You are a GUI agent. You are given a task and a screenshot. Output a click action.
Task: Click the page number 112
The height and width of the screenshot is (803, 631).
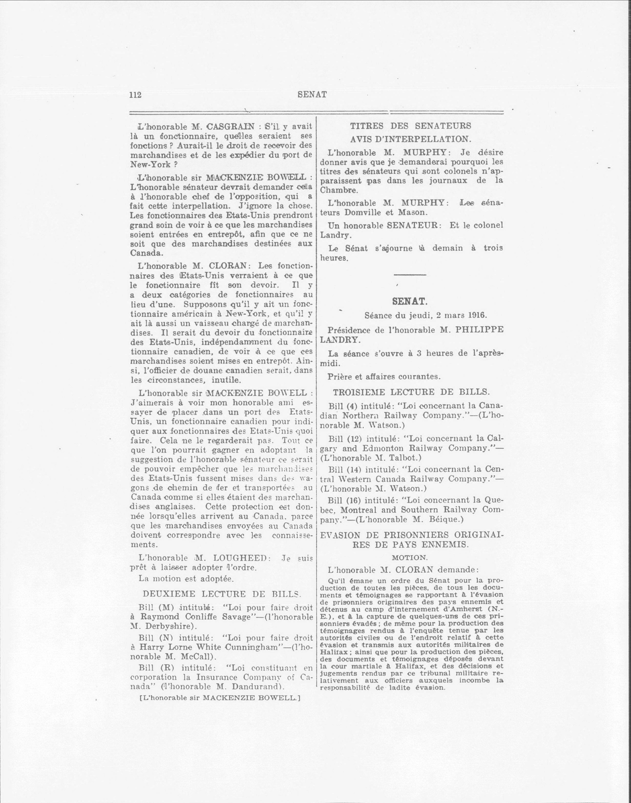(x=135, y=95)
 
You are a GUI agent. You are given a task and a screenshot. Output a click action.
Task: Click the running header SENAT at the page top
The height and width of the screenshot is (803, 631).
(x=312, y=94)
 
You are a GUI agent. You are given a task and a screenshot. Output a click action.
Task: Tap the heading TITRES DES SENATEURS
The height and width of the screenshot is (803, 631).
(x=410, y=126)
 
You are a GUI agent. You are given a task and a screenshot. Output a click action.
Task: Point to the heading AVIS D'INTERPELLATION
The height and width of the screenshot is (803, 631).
(x=410, y=139)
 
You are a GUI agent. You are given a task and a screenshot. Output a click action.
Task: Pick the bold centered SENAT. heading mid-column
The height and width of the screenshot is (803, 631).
(x=410, y=301)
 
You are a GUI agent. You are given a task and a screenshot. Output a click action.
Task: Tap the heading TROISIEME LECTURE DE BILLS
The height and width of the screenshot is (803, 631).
(x=411, y=392)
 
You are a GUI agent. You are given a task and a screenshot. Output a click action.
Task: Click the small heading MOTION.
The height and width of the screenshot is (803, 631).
(x=409, y=558)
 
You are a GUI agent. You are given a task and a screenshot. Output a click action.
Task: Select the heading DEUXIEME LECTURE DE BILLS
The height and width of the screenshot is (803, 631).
(x=222, y=594)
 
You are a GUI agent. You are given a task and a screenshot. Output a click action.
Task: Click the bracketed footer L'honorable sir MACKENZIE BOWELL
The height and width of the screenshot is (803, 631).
(x=220, y=698)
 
